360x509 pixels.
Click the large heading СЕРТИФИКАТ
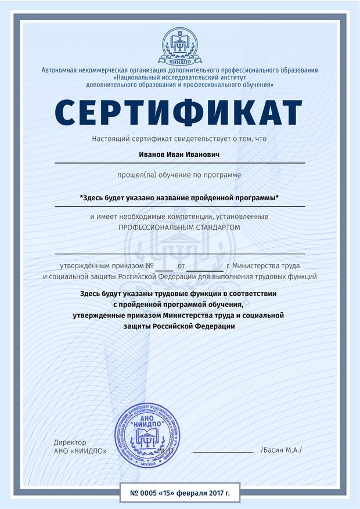pos(179,113)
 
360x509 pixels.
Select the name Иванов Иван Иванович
pos(179,156)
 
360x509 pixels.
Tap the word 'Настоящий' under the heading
pos(111,139)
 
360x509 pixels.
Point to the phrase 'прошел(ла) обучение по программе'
pos(179,174)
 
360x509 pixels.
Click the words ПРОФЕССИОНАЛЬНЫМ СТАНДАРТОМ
pos(179,228)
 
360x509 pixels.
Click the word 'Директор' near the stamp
pos(70,442)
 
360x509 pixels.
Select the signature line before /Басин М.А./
pos(223,450)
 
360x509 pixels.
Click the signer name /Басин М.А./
pos(282,450)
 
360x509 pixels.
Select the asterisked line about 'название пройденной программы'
pos(179,198)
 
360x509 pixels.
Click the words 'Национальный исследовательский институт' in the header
pos(181,78)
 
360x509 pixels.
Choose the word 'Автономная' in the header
pos(59,70)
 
